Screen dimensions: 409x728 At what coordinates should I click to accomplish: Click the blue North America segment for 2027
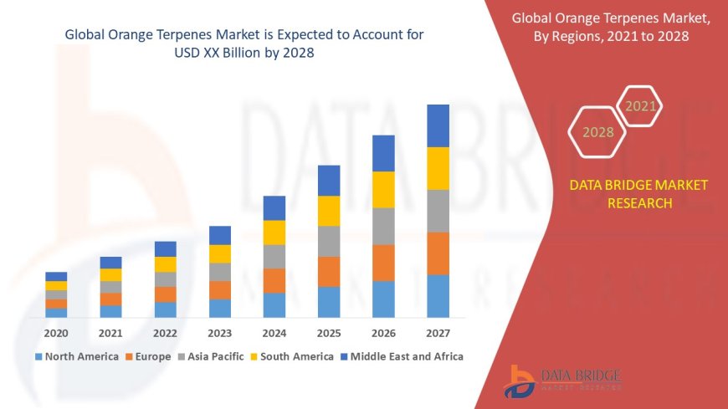click(438, 296)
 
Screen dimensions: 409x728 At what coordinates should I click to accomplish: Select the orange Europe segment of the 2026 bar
click(383, 263)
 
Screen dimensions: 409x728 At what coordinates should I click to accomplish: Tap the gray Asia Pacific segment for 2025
click(329, 241)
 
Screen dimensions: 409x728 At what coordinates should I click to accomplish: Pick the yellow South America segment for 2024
click(274, 233)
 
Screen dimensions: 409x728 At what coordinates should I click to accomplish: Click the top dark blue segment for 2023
click(220, 235)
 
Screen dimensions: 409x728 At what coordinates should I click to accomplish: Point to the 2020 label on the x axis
click(56, 332)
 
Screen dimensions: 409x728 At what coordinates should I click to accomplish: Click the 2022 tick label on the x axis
click(165, 332)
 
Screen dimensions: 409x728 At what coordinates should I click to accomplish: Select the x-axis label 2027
click(438, 332)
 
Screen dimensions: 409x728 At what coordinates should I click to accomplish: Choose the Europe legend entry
click(148, 356)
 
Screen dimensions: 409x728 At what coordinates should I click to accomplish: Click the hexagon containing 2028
click(597, 132)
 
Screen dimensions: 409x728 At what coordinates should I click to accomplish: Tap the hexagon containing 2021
click(641, 106)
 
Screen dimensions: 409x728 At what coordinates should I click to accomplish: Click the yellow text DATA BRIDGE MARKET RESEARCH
click(638, 194)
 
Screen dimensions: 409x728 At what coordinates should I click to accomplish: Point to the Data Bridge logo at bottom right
click(562, 381)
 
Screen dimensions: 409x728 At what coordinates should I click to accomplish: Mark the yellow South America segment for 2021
click(110, 274)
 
